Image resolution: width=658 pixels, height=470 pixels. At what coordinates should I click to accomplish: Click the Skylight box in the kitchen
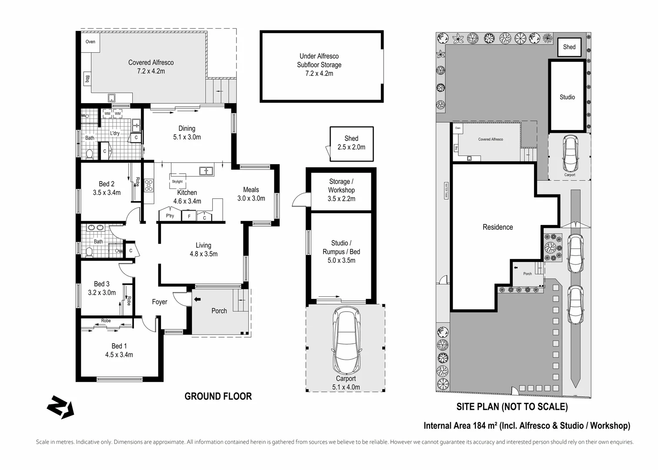pyautogui.click(x=177, y=181)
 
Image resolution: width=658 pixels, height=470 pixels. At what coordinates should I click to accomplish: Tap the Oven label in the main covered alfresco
pyautogui.click(x=90, y=42)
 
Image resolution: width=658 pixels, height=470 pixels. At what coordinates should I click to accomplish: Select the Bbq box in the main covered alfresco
pyautogui.click(x=87, y=79)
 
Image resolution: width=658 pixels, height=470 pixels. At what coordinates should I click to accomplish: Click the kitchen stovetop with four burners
pyautogui.click(x=149, y=186)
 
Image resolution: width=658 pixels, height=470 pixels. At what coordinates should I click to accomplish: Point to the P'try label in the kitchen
pyautogui.click(x=170, y=216)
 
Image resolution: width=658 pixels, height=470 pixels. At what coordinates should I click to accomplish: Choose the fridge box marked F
pyautogui.click(x=189, y=216)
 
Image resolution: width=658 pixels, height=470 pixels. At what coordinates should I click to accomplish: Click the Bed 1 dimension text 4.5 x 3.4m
pyautogui.click(x=119, y=355)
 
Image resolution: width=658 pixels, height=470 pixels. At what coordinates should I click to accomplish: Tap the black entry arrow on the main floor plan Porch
pyautogui.click(x=197, y=299)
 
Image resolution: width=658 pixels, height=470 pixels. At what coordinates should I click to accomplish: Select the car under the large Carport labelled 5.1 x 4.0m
pyautogui.click(x=346, y=340)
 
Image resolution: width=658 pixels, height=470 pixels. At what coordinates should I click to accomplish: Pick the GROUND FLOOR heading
pyautogui.click(x=218, y=396)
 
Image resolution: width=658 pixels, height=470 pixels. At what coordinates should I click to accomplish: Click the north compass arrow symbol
pyautogui.click(x=60, y=407)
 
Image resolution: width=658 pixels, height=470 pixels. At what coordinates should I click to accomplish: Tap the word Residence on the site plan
pyautogui.click(x=498, y=227)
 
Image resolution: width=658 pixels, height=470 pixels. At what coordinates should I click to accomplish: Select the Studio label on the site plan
pyautogui.click(x=567, y=97)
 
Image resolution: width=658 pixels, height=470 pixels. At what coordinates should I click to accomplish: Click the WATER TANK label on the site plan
pyautogui.click(x=446, y=191)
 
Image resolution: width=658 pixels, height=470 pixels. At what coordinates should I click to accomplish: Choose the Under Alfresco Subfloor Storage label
pyautogui.click(x=319, y=65)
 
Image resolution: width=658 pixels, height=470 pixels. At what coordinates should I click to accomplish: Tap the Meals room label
pyautogui.click(x=251, y=190)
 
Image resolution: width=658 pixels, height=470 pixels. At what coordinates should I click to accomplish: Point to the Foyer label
pyautogui.click(x=160, y=302)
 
